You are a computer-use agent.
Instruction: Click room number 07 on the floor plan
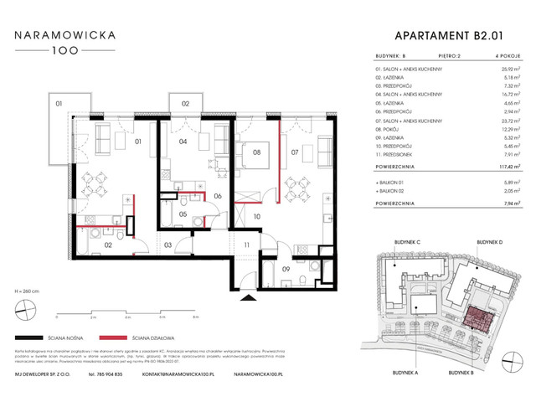pyautogui.click(x=295, y=153)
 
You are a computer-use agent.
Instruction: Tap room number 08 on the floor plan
pyautogui.click(x=258, y=153)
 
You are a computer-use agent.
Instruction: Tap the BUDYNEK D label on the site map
pyautogui.click(x=489, y=242)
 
